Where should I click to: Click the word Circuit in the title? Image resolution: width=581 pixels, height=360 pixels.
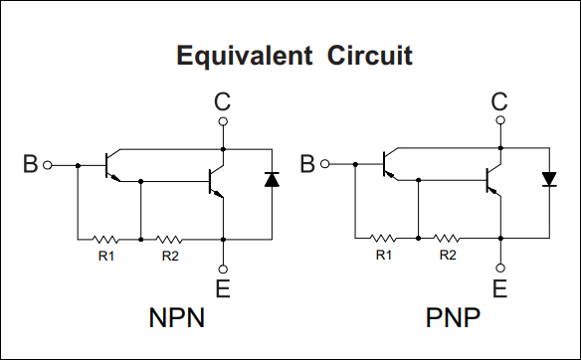click(x=368, y=55)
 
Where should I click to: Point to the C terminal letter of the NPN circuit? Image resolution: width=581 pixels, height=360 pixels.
click(x=223, y=101)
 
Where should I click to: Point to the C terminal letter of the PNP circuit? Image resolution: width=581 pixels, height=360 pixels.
click(x=499, y=100)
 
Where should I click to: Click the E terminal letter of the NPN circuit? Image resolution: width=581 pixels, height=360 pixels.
click(x=223, y=289)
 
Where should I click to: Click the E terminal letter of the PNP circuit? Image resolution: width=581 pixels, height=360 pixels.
click(x=499, y=289)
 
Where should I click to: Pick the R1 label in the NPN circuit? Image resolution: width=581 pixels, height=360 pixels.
click(x=105, y=256)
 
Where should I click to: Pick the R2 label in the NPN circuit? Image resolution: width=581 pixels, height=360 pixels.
click(x=170, y=256)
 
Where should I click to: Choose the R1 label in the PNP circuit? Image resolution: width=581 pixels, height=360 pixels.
click(x=383, y=256)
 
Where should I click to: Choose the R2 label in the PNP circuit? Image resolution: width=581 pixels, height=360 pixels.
click(x=448, y=256)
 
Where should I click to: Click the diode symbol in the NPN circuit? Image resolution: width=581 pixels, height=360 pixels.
click(x=272, y=180)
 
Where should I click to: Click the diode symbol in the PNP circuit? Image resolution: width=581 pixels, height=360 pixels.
click(x=548, y=180)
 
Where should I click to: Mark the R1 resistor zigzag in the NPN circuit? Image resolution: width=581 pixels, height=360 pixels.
click(x=105, y=239)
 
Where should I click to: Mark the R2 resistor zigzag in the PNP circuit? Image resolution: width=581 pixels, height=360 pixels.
click(x=447, y=239)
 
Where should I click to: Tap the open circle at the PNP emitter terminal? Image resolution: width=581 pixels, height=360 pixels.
click(x=499, y=268)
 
